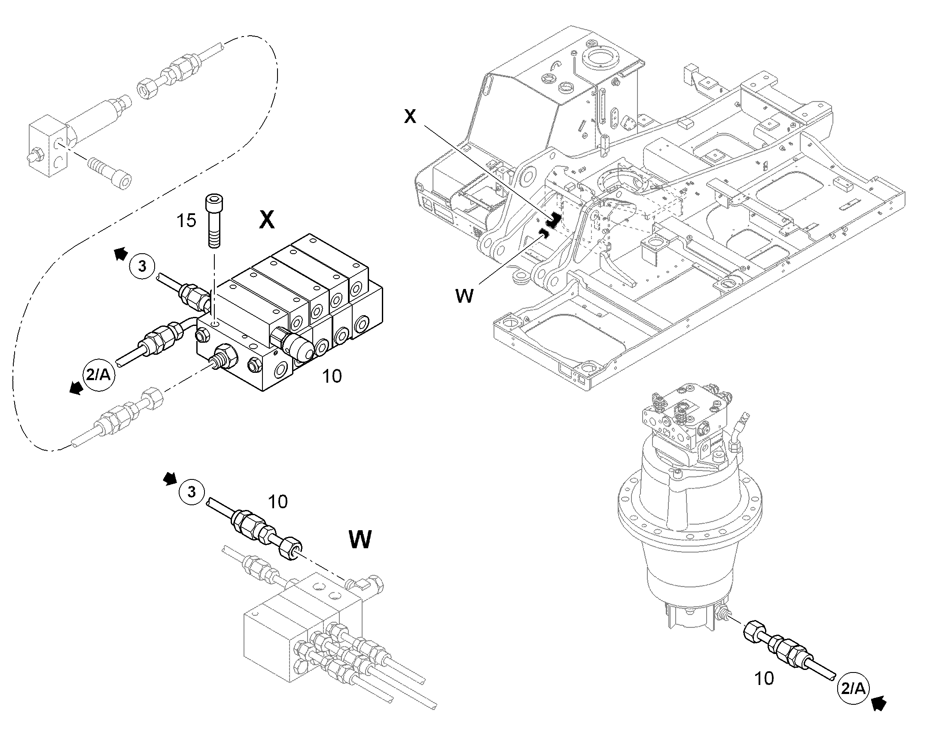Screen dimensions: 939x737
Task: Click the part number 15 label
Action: click(186, 221)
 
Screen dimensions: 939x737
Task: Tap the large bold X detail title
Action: click(267, 220)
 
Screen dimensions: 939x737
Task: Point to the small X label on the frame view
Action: click(410, 117)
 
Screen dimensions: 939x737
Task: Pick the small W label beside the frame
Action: click(464, 296)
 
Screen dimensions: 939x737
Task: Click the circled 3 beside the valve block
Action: click(142, 267)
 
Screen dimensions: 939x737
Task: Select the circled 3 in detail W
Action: click(192, 491)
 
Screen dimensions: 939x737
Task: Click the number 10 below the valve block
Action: click(332, 376)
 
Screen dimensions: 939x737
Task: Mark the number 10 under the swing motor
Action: click(765, 679)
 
